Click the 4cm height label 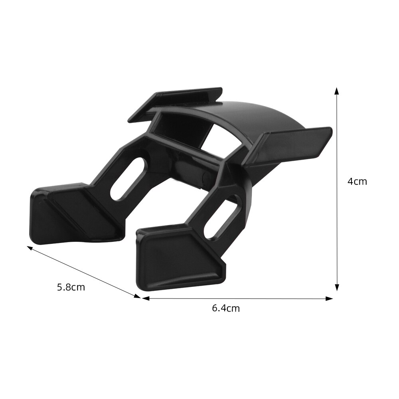tap(357, 182)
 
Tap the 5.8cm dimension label tap(71, 287)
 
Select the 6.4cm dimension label tap(226, 308)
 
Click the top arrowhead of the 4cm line tap(337, 91)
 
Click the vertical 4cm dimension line tap(337, 219)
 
